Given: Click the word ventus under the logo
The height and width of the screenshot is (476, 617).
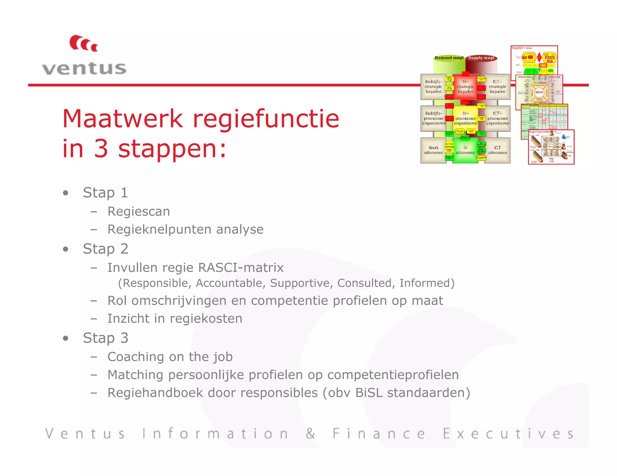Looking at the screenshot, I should tap(84, 68).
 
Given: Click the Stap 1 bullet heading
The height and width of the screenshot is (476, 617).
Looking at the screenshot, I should tap(105, 193).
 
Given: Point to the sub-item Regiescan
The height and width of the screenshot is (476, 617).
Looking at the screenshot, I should tap(139, 212).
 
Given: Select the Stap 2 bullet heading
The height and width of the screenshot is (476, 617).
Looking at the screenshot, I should tap(105, 249).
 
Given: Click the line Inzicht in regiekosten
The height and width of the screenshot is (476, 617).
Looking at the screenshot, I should tap(175, 319).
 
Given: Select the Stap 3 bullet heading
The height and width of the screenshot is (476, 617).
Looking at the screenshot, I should tap(105, 338).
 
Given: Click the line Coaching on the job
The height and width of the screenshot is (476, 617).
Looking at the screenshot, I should tap(170, 357).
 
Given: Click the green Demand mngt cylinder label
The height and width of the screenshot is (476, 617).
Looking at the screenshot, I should tap(449, 58).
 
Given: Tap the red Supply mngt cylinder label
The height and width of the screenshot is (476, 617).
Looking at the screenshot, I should tap(481, 58).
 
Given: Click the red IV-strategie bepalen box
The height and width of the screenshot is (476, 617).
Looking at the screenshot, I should tap(465, 87).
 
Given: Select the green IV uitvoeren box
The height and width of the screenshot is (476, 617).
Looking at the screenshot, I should tap(465, 150).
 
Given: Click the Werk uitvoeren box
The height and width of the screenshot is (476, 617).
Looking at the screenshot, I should tap(433, 150).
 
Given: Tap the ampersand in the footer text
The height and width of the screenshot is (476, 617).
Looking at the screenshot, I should tap(310, 434).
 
